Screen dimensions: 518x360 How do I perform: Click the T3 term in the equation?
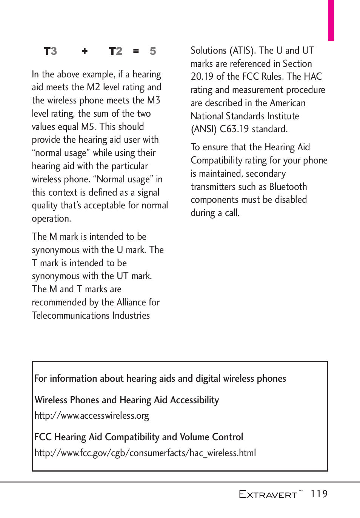[50, 51]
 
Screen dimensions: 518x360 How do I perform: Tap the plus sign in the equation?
[85, 51]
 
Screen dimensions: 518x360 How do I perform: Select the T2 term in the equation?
[115, 51]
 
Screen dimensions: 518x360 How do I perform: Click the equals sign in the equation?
[136, 51]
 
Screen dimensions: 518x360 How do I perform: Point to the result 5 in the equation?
[153, 51]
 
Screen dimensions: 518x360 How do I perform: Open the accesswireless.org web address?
[92, 416]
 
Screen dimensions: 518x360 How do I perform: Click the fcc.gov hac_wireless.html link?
[145, 453]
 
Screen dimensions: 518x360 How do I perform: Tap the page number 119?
[319, 494]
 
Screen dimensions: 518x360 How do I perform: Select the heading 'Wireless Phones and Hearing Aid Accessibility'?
[126, 400]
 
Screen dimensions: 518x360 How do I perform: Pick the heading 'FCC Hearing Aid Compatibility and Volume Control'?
[138, 437]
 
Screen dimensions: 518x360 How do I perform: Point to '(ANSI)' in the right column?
[204, 129]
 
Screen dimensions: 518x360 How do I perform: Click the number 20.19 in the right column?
[202, 77]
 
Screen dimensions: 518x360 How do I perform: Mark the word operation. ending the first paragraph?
[51, 219]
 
